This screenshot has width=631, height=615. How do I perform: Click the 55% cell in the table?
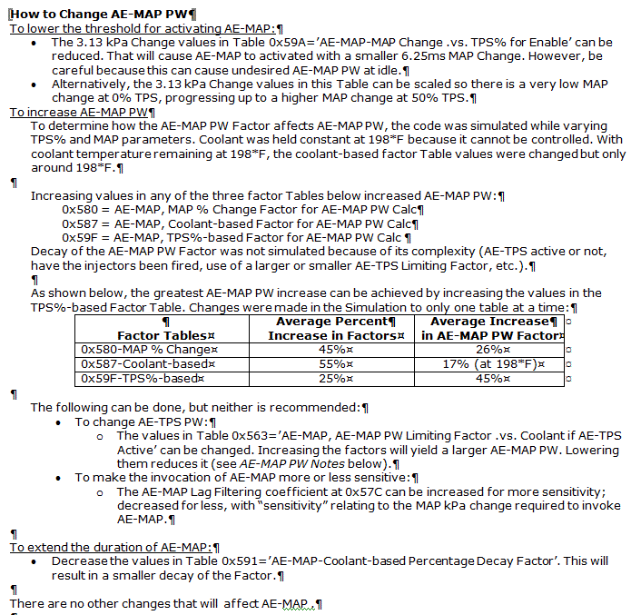coord(335,363)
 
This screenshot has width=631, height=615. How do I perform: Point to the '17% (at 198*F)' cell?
coord(491,363)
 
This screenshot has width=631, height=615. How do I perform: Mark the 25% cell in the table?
coord(335,378)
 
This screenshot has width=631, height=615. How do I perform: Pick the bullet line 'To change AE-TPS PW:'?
coord(144,422)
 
